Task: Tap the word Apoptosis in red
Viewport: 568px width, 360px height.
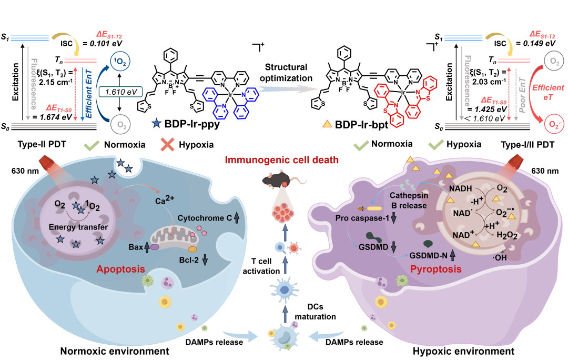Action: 121,269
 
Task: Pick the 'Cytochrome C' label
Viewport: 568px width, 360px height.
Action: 201,217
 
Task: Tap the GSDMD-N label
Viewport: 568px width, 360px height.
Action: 431,254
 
